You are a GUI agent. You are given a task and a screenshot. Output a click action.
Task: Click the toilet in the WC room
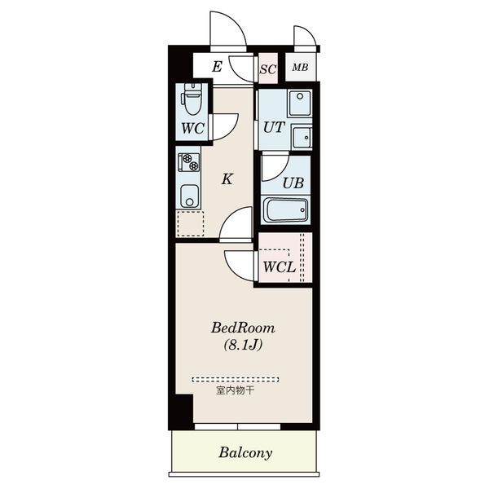[x=192, y=99]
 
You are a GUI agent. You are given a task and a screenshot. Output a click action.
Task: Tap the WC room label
[x=192, y=129]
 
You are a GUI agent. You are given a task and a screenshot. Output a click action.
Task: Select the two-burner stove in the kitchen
[x=188, y=162]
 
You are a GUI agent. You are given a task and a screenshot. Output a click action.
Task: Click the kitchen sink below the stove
[x=189, y=196]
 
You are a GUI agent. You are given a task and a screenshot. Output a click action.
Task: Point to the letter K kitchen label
[x=227, y=179]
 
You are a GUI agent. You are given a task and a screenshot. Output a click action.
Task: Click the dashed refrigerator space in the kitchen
[x=190, y=223]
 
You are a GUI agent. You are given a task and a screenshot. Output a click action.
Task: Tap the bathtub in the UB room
[x=286, y=209]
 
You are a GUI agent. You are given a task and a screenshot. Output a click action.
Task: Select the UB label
[x=293, y=183]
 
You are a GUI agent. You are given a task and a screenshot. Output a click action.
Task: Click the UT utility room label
[x=274, y=127]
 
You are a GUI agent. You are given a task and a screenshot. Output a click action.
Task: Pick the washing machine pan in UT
[x=300, y=104]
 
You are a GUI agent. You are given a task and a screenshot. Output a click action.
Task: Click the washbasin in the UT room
[x=302, y=137]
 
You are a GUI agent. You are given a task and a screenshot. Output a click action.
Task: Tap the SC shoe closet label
[x=268, y=69]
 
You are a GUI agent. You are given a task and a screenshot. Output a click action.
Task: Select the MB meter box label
[x=300, y=67]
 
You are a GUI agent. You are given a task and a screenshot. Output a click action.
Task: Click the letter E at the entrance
[x=217, y=67]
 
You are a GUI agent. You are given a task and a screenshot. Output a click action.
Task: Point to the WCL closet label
[x=279, y=267]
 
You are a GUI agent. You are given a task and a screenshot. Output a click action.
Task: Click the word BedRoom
[x=243, y=328]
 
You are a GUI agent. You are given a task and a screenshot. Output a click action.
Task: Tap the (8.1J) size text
[x=244, y=345]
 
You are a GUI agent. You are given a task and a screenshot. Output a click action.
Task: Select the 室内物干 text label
[x=235, y=390]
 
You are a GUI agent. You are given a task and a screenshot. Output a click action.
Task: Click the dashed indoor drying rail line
[x=236, y=380]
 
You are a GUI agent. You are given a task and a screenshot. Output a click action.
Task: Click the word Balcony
[x=245, y=453]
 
